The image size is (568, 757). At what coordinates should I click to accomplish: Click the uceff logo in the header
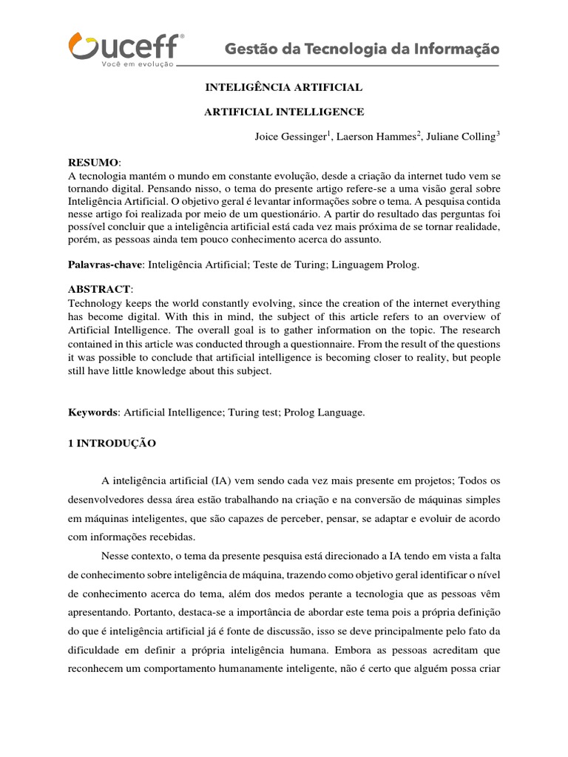[126, 46]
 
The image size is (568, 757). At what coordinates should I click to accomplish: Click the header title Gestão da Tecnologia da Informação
[362, 50]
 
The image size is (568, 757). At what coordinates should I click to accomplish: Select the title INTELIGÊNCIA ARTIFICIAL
[283, 87]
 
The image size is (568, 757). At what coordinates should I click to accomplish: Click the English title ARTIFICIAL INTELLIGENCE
[284, 112]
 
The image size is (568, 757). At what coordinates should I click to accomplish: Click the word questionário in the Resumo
[240, 213]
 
